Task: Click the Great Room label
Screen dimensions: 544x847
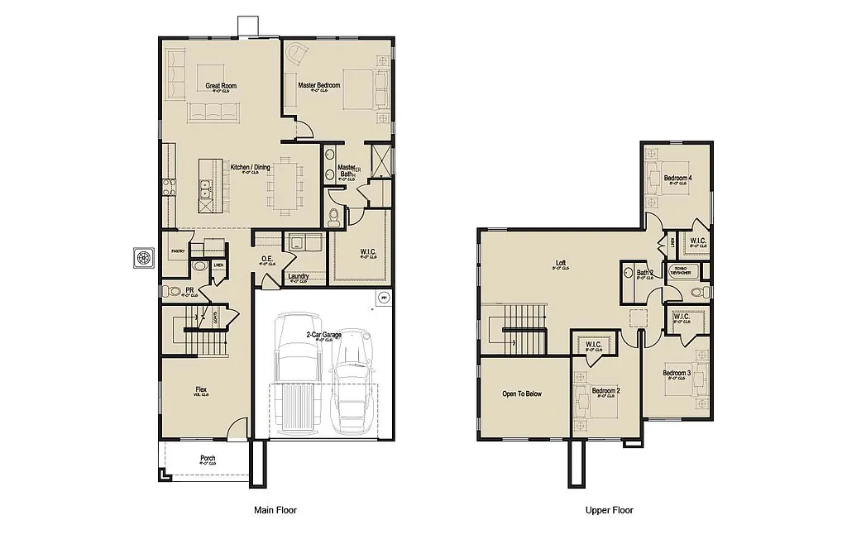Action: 222,85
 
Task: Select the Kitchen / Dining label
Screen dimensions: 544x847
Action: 250,168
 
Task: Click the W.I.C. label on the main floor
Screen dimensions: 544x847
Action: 368,251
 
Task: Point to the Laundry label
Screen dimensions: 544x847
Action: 298,276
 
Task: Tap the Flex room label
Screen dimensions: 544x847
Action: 201,389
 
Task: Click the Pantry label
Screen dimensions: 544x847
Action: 177,250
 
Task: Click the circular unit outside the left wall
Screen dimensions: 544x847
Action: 144,257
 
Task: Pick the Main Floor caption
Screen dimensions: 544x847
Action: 275,510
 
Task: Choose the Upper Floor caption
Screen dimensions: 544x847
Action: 610,510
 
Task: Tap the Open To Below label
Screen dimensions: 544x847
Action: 521,394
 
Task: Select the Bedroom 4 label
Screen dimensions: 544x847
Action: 677,178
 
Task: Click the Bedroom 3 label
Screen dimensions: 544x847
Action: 677,373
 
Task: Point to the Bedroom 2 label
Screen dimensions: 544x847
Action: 605,390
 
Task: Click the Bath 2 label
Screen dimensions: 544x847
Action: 645,272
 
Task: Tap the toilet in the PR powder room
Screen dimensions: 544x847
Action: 171,290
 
